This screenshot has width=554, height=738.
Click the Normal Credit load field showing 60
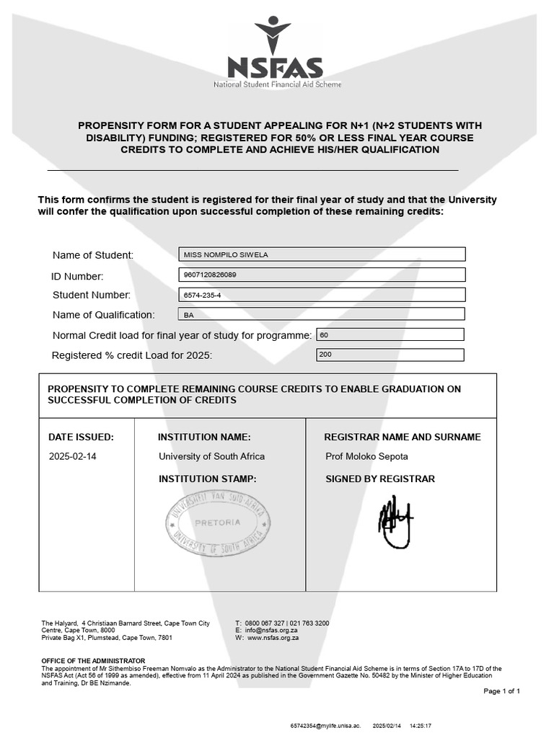(390, 334)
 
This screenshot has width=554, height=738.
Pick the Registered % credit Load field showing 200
(390, 355)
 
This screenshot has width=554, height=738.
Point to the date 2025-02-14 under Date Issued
(72, 456)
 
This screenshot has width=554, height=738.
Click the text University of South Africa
(211, 456)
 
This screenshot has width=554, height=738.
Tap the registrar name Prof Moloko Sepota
(366, 456)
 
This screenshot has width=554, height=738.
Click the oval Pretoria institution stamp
(218, 524)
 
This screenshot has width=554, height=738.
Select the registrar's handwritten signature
(395, 521)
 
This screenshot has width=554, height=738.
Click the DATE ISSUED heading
(81, 437)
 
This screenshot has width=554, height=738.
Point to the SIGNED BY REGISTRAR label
(380, 479)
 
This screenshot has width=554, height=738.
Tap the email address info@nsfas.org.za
(272, 631)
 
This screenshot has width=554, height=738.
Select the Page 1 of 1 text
(501, 691)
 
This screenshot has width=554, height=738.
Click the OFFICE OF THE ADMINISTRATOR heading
(93, 661)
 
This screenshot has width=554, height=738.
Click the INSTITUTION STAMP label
(207, 479)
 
